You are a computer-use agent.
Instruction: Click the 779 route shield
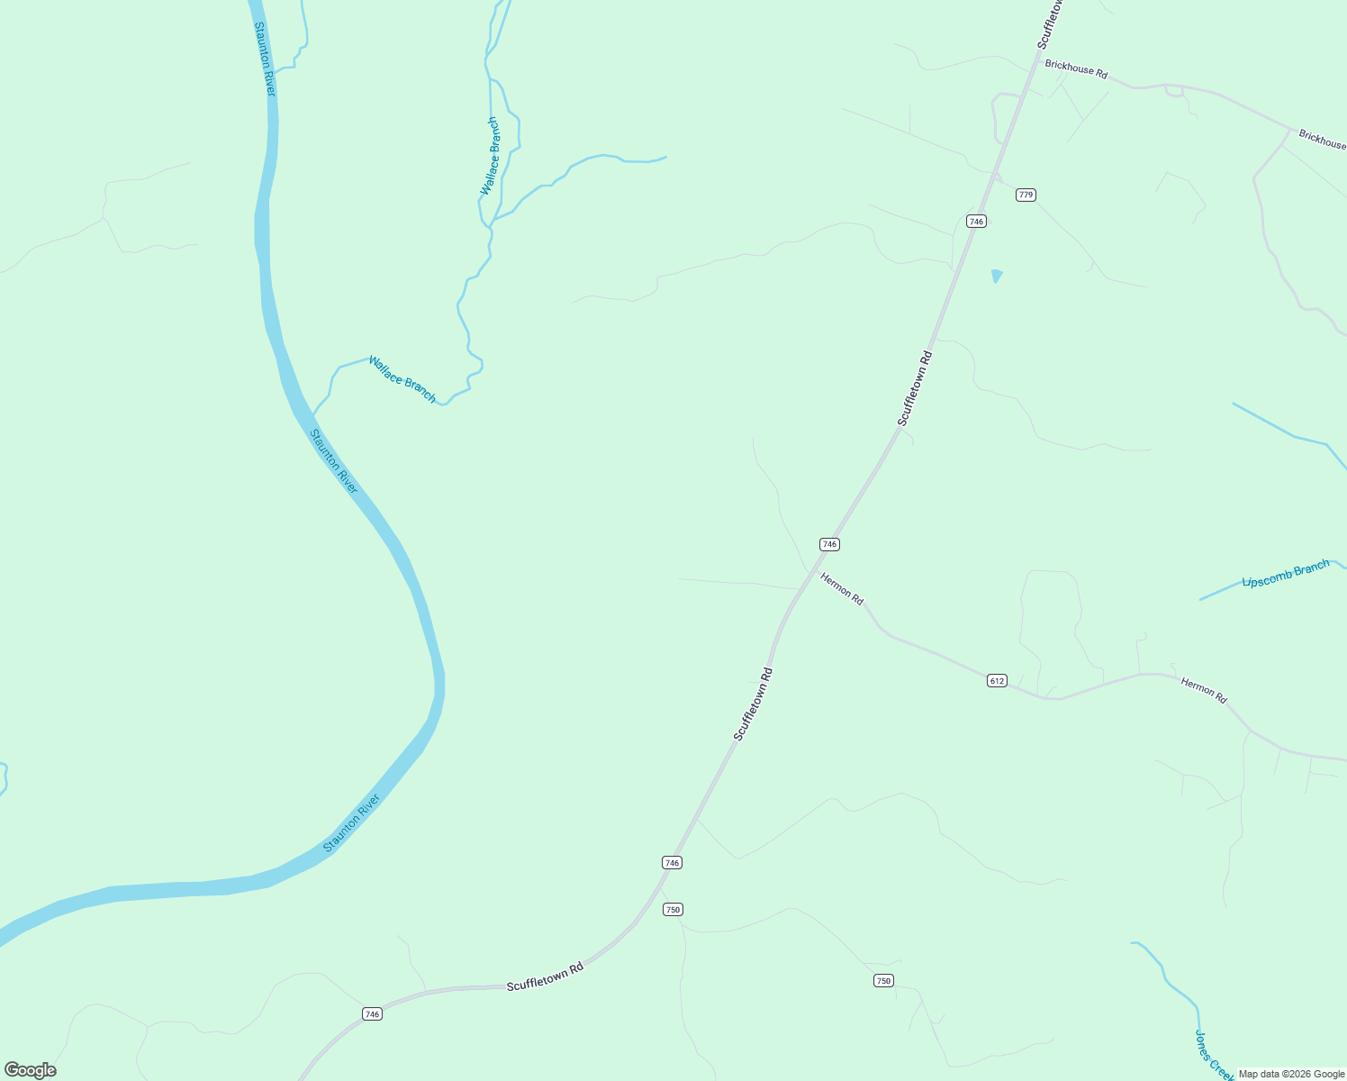[x=1026, y=195]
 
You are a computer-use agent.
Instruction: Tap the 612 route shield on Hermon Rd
[x=996, y=680]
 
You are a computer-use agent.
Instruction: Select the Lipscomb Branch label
[x=1285, y=574]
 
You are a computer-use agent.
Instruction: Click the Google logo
[x=31, y=1070]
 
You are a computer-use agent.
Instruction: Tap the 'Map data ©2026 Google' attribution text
[x=1291, y=1074]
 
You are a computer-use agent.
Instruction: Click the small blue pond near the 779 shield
[x=996, y=276]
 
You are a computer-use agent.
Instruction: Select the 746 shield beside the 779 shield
[x=976, y=221]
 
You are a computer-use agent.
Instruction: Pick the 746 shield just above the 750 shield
[x=672, y=862]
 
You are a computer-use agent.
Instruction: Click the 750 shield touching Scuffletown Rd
[x=673, y=909]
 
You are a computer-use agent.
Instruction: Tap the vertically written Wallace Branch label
[x=489, y=156]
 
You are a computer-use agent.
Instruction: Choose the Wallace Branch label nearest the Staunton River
[x=402, y=379]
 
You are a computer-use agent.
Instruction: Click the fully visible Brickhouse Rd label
[x=1076, y=69]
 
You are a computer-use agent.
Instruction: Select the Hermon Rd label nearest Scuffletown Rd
[x=842, y=588]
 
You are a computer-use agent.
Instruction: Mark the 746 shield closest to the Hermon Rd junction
[x=829, y=544]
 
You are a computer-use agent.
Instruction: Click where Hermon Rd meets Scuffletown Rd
[x=809, y=573]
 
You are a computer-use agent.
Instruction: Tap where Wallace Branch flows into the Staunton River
[x=312, y=415]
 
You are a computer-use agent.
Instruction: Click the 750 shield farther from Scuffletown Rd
[x=883, y=980]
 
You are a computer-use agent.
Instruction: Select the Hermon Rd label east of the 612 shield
[x=1204, y=691]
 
